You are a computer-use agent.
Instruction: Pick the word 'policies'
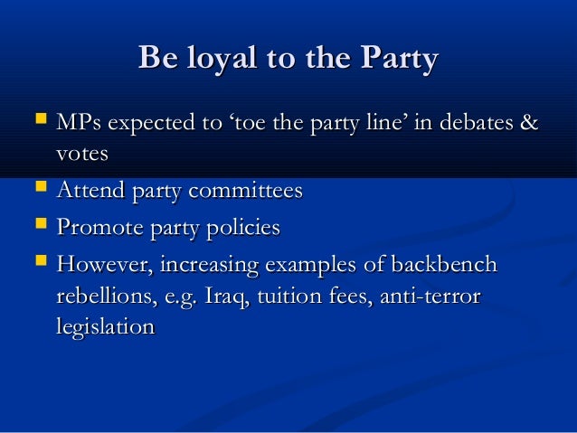point(237,228)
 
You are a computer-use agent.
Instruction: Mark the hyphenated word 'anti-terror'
point(430,297)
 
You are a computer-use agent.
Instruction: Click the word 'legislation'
point(105,327)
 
